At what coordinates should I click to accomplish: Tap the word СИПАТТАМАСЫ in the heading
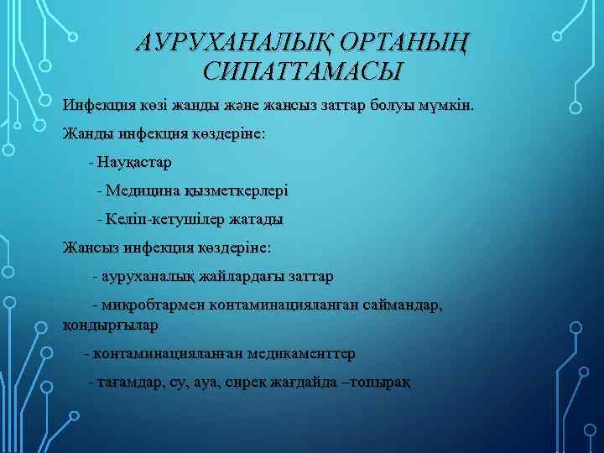coord(302,70)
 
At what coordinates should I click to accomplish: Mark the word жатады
coord(255,219)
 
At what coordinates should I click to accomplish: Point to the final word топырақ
coord(383,383)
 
